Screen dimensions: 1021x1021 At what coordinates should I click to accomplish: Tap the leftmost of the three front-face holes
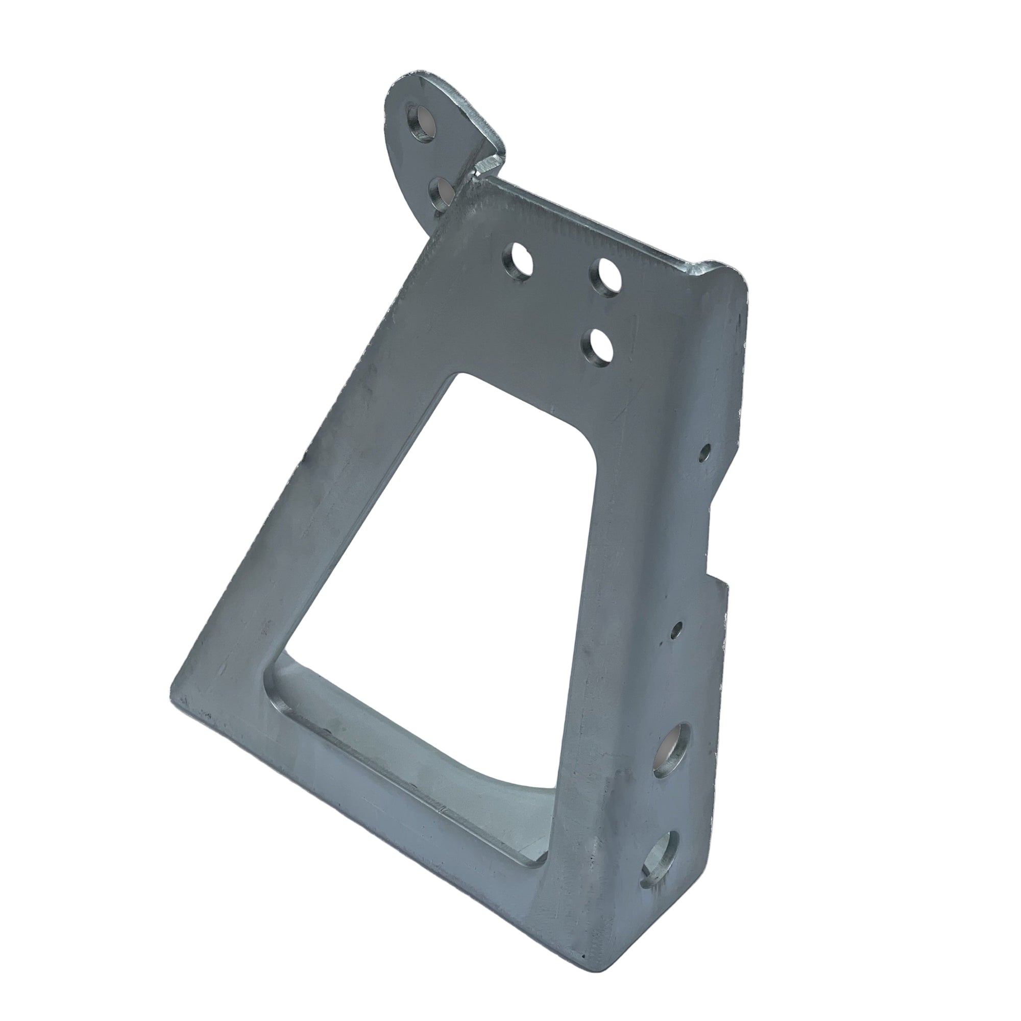click(518, 261)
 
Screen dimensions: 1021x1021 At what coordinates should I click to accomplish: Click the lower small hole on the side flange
click(676, 629)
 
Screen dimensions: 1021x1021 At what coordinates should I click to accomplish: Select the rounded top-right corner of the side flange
click(737, 283)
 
